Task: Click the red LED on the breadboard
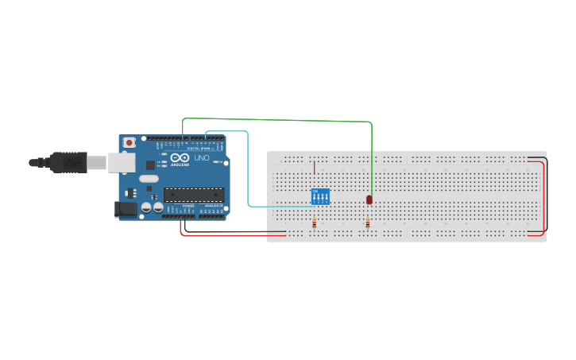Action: pos(369,199)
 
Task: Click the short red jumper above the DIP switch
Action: pos(315,168)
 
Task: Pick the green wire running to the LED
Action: pos(278,120)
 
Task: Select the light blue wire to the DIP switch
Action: pos(249,175)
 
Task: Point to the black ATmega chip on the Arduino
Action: pos(193,194)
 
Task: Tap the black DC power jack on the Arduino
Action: pos(124,209)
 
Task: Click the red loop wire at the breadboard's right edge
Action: pos(545,199)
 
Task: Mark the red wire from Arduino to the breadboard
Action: pos(230,235)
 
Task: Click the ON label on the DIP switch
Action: pos(316,192)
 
